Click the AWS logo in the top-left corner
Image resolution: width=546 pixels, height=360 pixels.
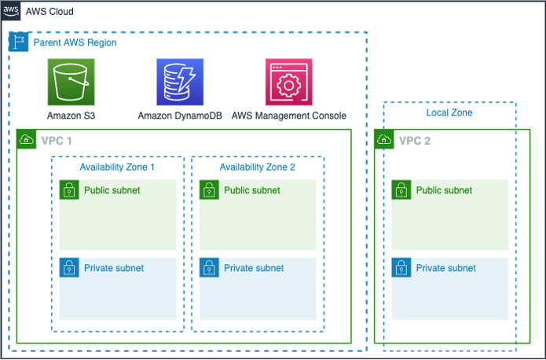click(x=10, y=11)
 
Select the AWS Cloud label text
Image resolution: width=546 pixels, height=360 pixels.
click(x=49, y=12)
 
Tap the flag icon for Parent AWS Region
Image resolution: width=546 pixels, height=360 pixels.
click(x=18, y=42)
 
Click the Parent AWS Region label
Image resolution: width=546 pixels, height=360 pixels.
click(x=75, y=42)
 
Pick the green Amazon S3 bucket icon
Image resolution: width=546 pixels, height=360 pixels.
click(x=71, y=81)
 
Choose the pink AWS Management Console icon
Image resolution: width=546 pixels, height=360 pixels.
click(x=289, y=81)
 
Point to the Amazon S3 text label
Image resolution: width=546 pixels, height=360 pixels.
click(x=71, y=116)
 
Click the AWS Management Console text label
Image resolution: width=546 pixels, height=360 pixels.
click(x=289, y=116)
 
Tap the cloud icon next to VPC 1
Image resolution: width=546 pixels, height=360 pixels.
click(x=27, y=140)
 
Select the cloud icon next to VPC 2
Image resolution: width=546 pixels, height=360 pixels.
click(x=384, y=140)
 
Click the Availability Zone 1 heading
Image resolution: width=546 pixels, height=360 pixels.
click(x=117, y=167)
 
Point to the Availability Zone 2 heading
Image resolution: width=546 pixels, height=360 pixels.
click(x=258, y=167)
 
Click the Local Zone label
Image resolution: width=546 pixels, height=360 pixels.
click(x=449, y=113)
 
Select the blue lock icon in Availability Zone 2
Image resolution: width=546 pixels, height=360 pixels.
click(x=209, y=267)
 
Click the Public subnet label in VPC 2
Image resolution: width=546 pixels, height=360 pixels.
click(x=444, y=190)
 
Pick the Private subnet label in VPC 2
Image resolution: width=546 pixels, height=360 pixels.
click(x=445, y=268)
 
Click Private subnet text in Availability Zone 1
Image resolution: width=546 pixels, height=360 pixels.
click(x=114, y=268)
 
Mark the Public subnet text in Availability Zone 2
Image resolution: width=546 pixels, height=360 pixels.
click(x=252, y=190)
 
